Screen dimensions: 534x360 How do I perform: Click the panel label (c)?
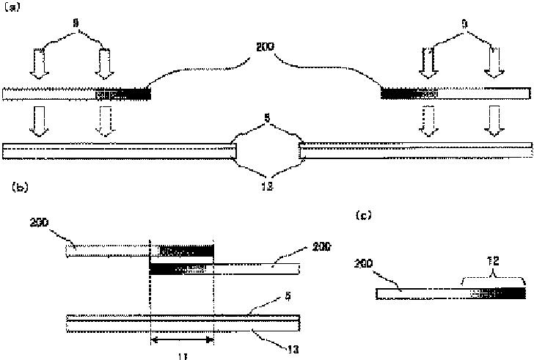[x=362, y=216]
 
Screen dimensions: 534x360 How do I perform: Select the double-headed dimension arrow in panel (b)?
[x=181, y=340]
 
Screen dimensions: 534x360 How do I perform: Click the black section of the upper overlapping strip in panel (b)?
[x=187, y=250]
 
